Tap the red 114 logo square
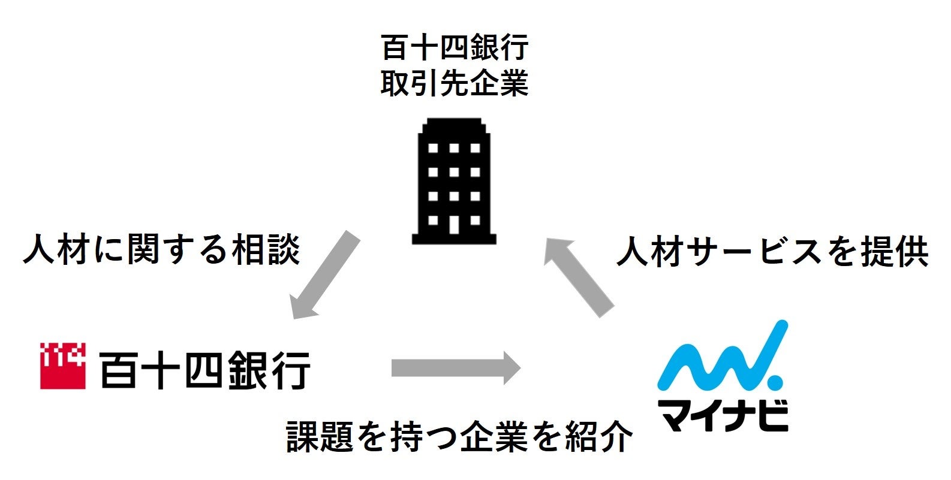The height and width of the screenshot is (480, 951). (62, 366)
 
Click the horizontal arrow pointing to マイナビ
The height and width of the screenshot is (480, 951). (456, 367)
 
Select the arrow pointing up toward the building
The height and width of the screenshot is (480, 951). (578, 276)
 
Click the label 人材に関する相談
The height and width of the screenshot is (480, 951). (161, 249)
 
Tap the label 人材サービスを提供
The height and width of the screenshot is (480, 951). (772, 251)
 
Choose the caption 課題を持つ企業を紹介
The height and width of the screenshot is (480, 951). (459, 437)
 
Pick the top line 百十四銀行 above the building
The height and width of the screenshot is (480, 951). (454, 48)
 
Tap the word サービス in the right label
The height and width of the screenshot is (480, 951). (756, 251)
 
